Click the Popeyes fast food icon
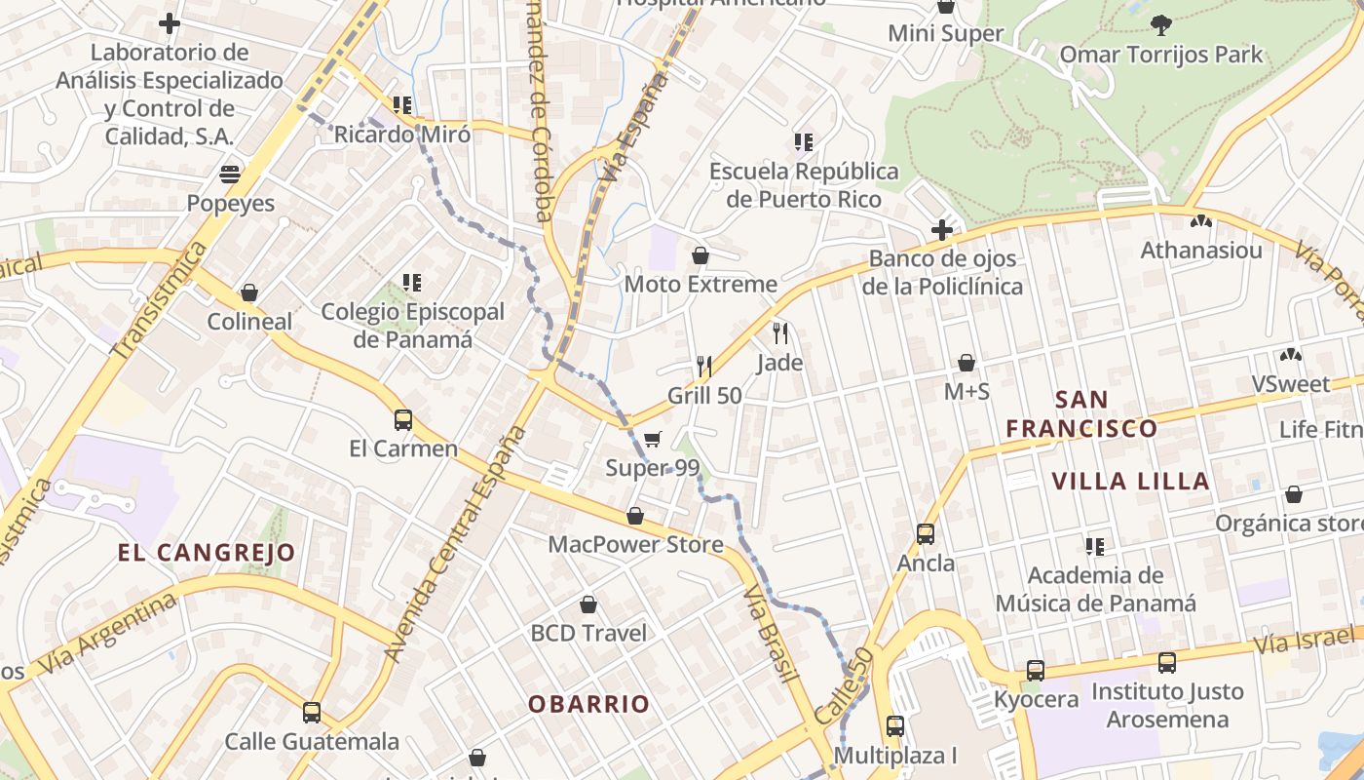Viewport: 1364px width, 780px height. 230,175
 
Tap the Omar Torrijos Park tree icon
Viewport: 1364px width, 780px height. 1160,24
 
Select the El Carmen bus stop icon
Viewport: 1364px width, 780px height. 402,420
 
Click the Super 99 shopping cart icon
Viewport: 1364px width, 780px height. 652,440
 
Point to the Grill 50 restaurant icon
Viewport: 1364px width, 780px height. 704,367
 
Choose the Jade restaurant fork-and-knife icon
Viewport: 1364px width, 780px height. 779,333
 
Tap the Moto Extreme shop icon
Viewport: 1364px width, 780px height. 700,255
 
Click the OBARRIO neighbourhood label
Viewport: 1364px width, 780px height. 588,704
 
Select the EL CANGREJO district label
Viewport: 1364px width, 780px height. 207,553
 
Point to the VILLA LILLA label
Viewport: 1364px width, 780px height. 1131,481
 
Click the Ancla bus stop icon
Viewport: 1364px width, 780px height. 926,534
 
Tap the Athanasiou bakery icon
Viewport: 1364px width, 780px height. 1201,222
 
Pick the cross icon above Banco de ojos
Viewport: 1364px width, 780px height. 941,230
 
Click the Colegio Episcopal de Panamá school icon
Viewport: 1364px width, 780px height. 412,283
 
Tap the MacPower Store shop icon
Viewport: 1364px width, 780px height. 635,516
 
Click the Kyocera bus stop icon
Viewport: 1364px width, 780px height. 1036,671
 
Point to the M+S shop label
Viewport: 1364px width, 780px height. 966,391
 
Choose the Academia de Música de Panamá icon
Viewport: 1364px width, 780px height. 1095,546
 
